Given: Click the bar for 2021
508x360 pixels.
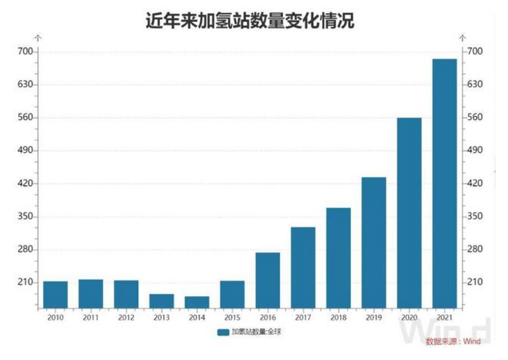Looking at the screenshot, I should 444,184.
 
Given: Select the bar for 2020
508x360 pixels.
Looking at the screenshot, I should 409,213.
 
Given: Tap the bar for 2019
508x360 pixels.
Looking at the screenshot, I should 373,242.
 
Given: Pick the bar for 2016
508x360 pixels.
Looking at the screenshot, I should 268,280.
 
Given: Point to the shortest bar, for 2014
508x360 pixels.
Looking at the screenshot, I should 197,302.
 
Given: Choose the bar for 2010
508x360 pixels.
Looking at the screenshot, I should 55,295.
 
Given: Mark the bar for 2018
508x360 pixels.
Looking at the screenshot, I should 338,258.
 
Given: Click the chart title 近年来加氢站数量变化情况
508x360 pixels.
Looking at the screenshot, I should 251,21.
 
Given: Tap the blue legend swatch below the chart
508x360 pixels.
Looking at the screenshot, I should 223,332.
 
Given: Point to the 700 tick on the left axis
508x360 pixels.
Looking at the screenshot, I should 26,51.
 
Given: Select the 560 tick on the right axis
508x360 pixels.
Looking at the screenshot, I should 473,118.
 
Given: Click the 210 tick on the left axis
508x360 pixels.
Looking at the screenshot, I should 26,283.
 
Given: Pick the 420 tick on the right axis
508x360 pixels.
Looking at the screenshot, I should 473,184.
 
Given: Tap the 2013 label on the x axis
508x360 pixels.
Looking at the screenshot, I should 161,317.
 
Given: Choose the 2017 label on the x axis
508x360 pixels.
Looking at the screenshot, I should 303,317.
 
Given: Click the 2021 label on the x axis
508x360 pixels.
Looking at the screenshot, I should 444,317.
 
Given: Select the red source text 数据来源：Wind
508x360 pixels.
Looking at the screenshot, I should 449,342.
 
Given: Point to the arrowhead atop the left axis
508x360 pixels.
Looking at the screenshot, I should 38,36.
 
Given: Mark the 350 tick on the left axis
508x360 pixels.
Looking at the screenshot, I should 26,217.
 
